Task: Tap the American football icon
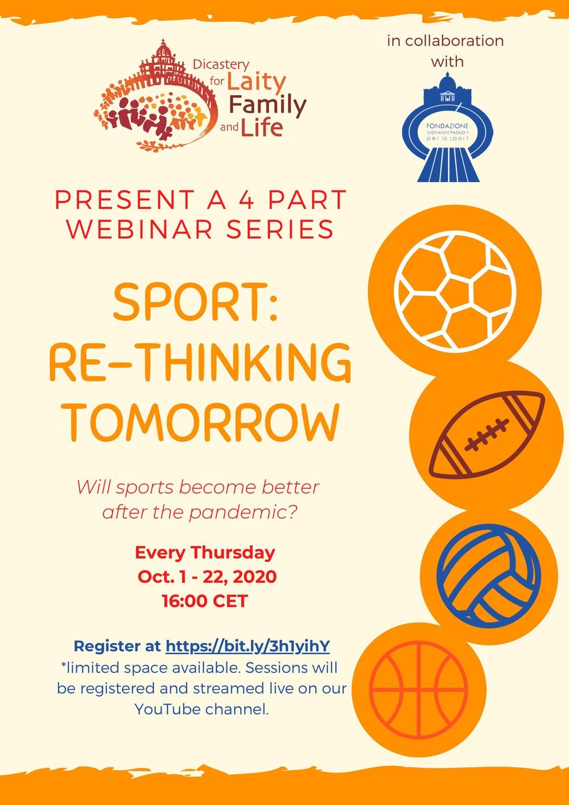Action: pos(487,435)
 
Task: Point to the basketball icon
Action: pos(418,690)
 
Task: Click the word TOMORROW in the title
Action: pos(203,422)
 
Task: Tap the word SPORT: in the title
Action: pos(196,302)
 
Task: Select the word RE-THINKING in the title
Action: pos(200,362)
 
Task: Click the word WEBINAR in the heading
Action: pos(145,229)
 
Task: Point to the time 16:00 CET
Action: pos(205,601)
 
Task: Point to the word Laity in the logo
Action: pos(256,83)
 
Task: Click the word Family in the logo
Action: pos(267,106)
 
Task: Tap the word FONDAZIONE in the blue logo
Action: pos(447,126)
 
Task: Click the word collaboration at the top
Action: pos(455,40)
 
